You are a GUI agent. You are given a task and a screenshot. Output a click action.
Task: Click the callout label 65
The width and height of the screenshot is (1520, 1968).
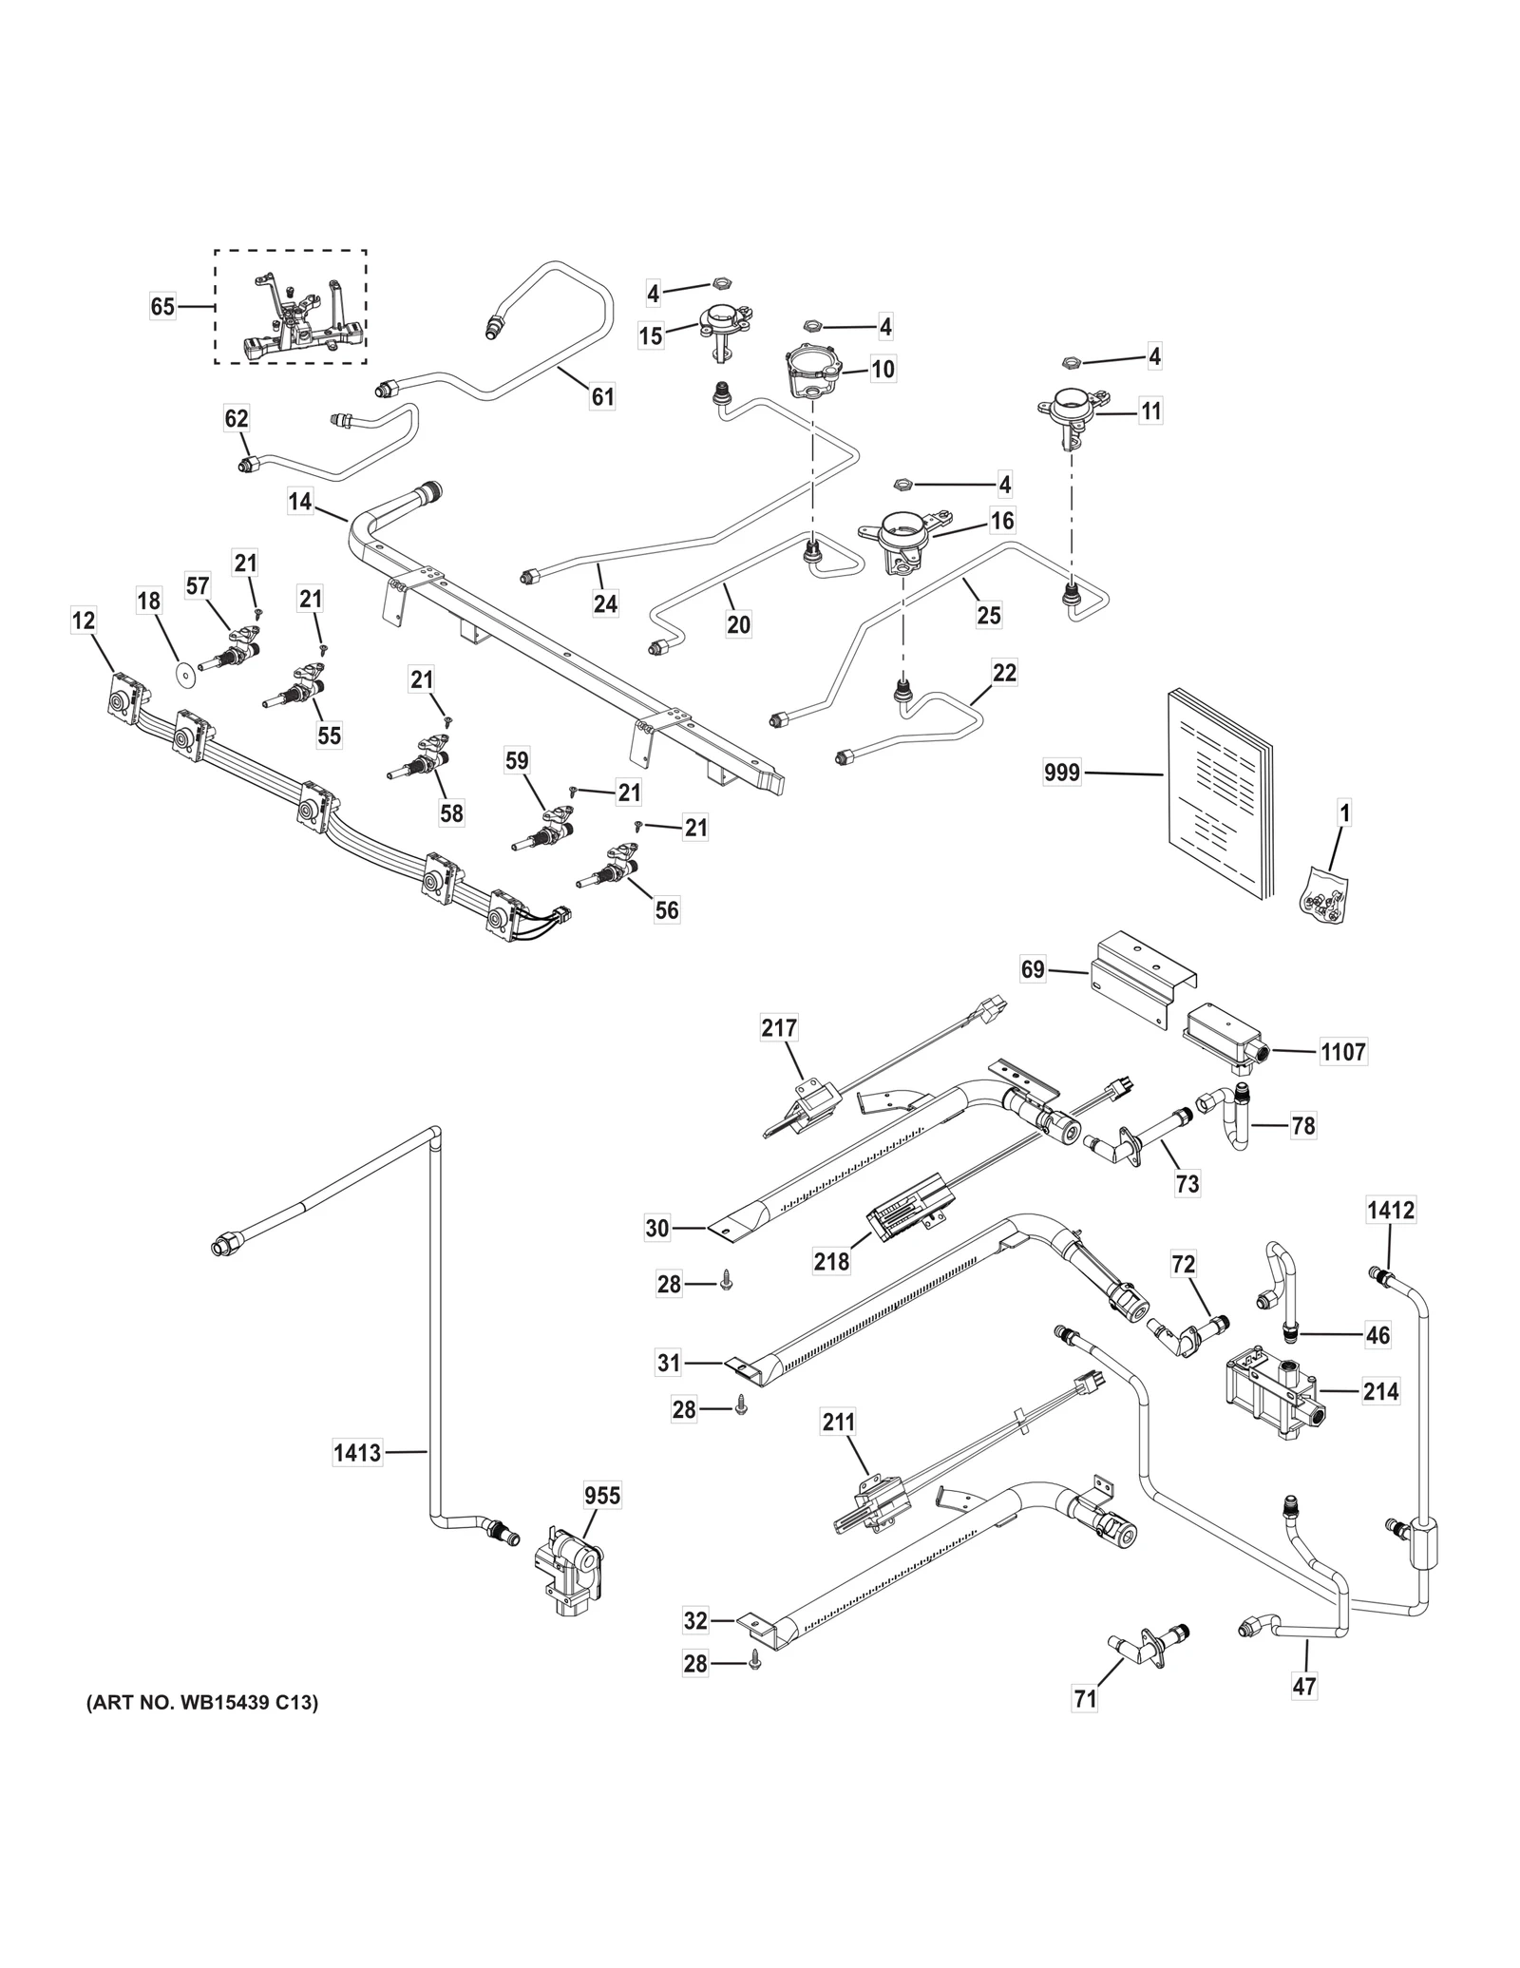[x=162, y=306]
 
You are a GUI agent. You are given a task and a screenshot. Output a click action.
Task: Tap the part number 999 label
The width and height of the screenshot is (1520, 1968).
[x=1061, y=773]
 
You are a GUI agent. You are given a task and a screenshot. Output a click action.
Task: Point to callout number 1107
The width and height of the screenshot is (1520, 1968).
[x=1342, y=1051]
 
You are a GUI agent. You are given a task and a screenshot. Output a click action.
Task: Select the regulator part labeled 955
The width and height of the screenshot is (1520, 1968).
[x=568, y=1574]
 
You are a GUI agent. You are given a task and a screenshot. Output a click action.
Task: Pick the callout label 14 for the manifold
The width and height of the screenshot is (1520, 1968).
[x=300, y=501]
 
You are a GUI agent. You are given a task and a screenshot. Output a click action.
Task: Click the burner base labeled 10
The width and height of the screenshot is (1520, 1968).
[x=813, y=373]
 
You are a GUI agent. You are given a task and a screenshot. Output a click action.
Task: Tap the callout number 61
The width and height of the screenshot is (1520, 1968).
[x=602, y=396]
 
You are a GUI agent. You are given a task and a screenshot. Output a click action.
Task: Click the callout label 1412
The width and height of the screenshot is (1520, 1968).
[x=1390, y=1210]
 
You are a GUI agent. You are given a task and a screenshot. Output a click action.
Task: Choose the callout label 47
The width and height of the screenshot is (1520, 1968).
[x=1304, y=1685]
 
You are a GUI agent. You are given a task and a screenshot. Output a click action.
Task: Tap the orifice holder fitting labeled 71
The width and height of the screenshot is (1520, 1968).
[x=1148, y=1646]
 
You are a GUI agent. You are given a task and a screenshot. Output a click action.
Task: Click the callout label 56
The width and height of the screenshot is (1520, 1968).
[x=667, y=909]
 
